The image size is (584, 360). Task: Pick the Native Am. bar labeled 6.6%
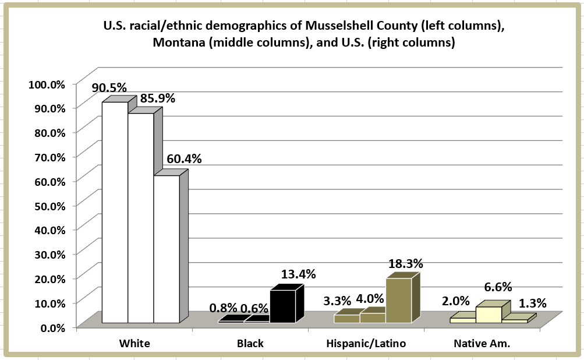point(489,314)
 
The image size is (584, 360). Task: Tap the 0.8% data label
point(223,308)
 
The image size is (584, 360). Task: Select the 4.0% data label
point(370,299)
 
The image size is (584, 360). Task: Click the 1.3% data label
point(532,303)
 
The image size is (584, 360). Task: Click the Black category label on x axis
point(250,343)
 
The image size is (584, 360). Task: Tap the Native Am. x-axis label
point(482,343)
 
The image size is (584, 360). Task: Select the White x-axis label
point(135,343)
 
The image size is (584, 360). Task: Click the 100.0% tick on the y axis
point(47,84)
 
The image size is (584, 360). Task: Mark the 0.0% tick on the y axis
point(51,327)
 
